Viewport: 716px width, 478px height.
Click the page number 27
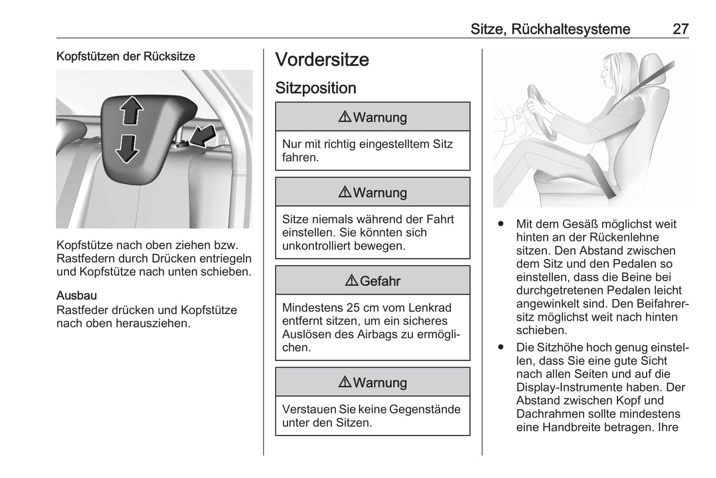680,29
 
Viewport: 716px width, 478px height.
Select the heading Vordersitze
322,60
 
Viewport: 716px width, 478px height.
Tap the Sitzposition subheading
316,88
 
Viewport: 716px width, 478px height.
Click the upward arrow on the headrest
131,109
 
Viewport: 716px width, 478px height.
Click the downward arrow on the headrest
127,148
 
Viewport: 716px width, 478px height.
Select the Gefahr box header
373,281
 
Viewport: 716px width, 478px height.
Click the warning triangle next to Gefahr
351,281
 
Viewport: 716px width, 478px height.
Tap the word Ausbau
76,296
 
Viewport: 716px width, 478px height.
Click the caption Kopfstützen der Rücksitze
126,56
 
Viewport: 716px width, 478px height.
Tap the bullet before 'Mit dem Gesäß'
501,224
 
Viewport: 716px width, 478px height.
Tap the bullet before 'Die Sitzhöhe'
501,348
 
